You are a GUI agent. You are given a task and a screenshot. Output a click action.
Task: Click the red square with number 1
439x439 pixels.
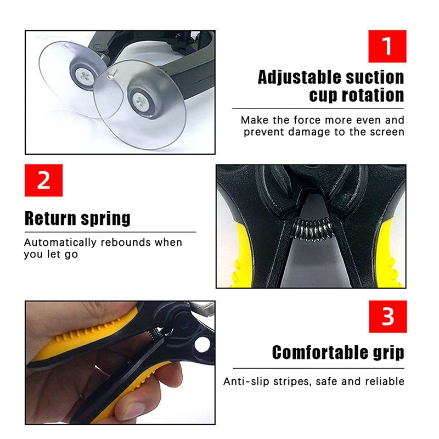pyautogui.click(x=387, y=46)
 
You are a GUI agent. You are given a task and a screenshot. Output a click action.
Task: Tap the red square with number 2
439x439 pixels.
pyautogui.click(x=43, y=180)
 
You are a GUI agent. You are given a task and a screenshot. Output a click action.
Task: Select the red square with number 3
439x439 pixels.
pyautogui.click(x=387, y=317)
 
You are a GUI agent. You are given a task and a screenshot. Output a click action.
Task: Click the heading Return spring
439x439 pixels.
pyautogui.click(x=77, y=218)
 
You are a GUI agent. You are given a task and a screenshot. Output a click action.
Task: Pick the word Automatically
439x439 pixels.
pyautogui.click(x=59, y=242)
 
